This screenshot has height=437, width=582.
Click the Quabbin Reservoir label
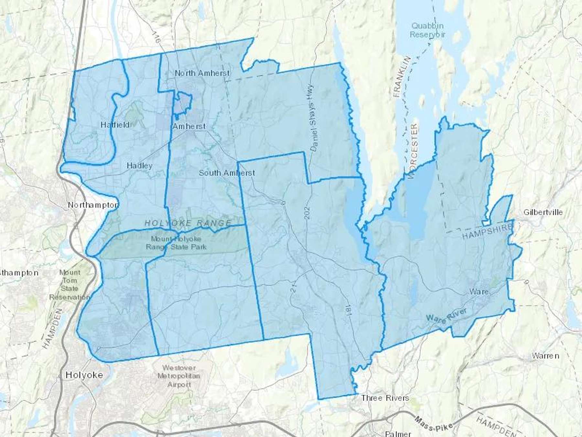click(427, 30)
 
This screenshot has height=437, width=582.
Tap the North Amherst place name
click(202, 73)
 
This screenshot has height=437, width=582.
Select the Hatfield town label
click(115, 125)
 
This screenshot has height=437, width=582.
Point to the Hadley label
click(139, 166)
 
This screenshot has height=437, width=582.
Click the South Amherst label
click(227, 173)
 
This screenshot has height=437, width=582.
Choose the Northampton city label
click(93, 205)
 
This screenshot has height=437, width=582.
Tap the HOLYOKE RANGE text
click(188, 223)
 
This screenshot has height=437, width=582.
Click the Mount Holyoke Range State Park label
click(176, 243)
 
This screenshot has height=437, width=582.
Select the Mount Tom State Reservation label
click(70, 285)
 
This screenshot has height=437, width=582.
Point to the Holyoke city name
click(84, 375)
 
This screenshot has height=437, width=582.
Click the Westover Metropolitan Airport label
click(179, 376)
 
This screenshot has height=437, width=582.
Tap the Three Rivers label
click(385, 398)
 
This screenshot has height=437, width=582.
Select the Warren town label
click(545, 356)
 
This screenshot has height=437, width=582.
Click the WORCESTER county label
click(413, 151)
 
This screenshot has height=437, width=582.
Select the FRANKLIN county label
click(402, 77)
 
